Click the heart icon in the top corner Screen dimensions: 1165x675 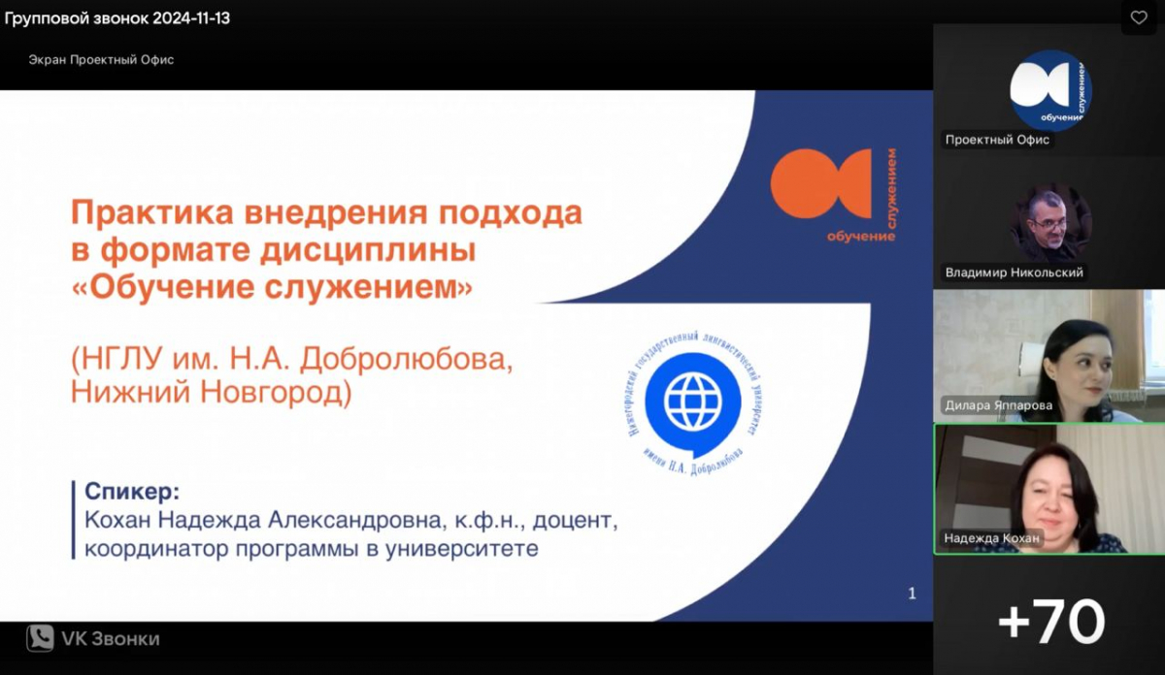(1139, 17)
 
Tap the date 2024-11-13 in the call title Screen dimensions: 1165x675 (191, 18)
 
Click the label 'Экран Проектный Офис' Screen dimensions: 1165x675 (101, 60)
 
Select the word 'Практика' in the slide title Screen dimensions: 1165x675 (151, 213)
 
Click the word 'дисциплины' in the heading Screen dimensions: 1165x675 (368, 250)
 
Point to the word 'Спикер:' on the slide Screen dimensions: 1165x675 (132, 491)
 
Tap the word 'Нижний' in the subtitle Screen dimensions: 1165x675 (131, 392)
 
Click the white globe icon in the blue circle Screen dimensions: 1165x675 (693, 402)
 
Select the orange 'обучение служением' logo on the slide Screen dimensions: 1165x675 (834, 195)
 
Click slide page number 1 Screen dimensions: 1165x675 (912, 594)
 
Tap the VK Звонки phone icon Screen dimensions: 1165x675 (40, 637)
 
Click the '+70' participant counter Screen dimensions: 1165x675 (1050, 621)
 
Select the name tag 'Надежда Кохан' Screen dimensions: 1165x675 (991, 538)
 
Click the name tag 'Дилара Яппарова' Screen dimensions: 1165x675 (999, 405)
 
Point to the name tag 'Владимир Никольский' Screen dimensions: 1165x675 (1014, 273)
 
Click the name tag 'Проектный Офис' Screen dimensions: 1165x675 (997, 140)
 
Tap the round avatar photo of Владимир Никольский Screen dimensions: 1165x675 (1050, 223)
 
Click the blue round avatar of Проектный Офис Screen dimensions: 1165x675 (1050, 90)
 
